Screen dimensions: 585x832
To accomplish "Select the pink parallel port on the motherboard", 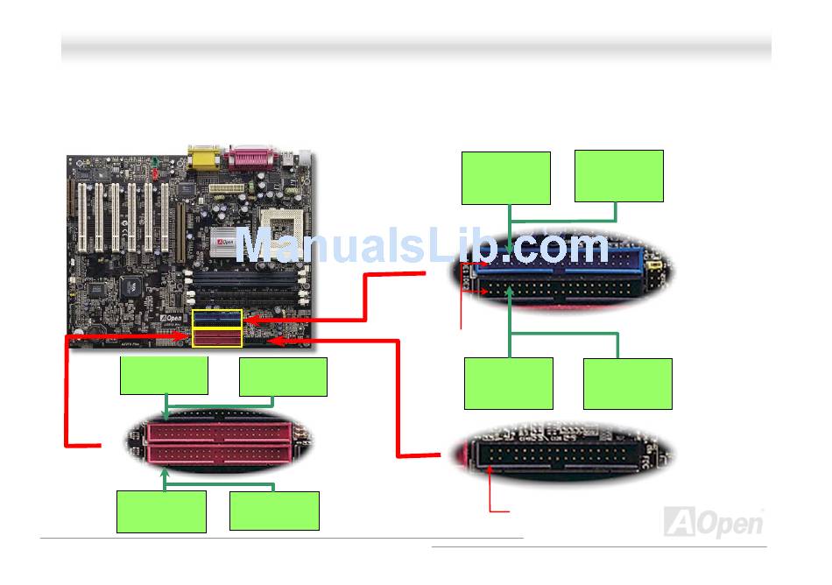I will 252,159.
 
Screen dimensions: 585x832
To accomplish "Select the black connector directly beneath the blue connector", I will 561,287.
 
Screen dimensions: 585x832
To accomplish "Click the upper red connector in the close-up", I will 221,432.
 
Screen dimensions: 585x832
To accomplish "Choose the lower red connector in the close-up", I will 221,453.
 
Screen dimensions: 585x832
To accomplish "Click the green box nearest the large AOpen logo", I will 628,384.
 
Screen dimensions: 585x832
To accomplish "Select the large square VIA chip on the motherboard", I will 131,284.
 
